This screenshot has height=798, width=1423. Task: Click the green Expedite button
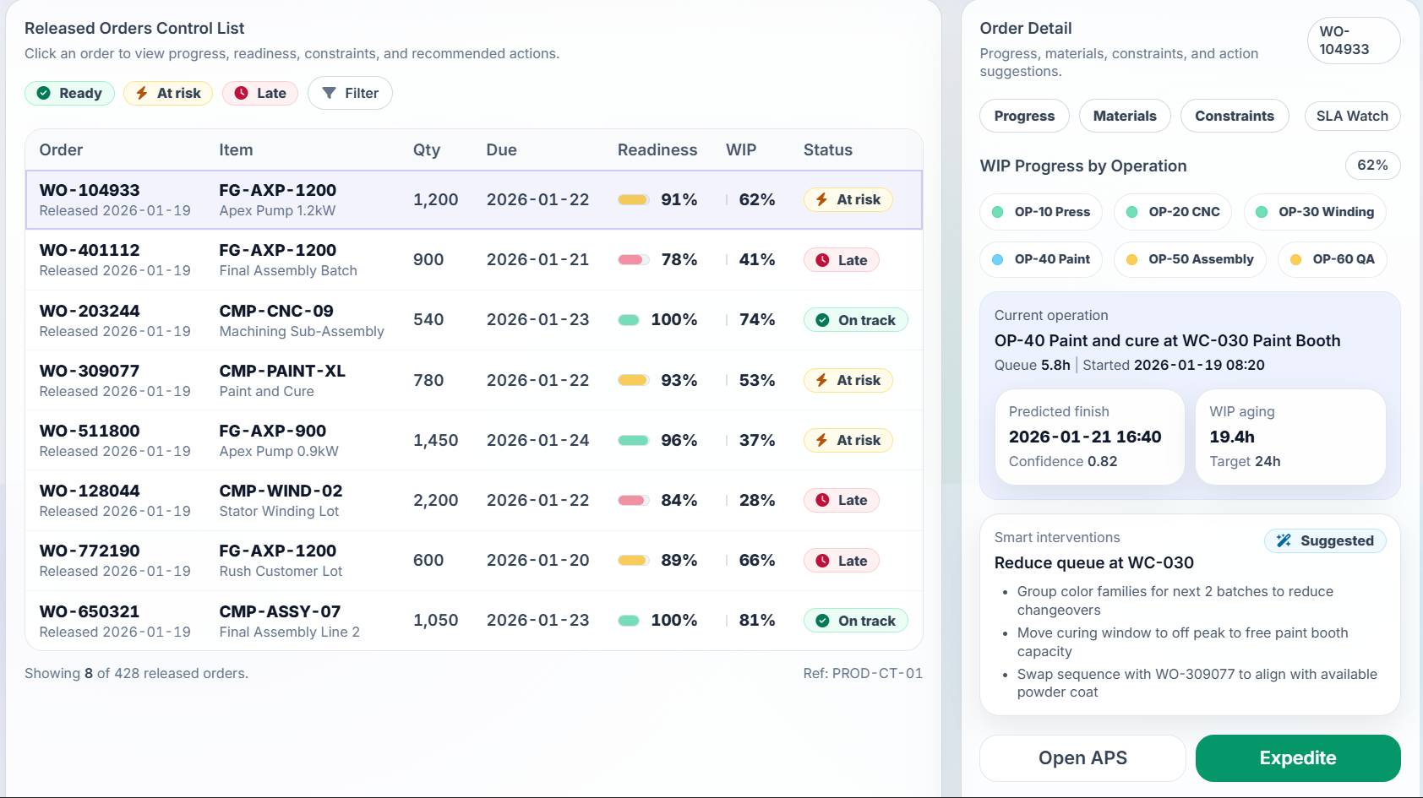1297,757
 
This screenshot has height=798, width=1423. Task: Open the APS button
1082,757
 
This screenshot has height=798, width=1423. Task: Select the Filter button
350,93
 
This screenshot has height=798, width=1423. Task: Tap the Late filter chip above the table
260,93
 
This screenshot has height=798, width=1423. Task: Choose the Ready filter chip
69,93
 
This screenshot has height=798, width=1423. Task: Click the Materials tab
1124,116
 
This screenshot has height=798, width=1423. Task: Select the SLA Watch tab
1351,116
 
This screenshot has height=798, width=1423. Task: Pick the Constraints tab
1234,116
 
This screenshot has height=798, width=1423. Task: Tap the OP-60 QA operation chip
1332,259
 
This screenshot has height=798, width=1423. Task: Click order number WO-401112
90,250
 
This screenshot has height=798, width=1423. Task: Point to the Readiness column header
657,149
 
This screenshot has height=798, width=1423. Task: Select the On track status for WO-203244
855,320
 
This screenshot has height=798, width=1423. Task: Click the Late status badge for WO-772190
841,561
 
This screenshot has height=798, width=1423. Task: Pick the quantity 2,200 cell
435,500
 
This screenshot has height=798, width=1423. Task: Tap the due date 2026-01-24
537,440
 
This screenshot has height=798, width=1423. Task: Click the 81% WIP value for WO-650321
756,620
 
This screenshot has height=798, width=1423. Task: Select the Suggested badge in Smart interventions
1325,540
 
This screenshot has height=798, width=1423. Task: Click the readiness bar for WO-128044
634,500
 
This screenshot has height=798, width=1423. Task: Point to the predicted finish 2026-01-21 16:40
1085,437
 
